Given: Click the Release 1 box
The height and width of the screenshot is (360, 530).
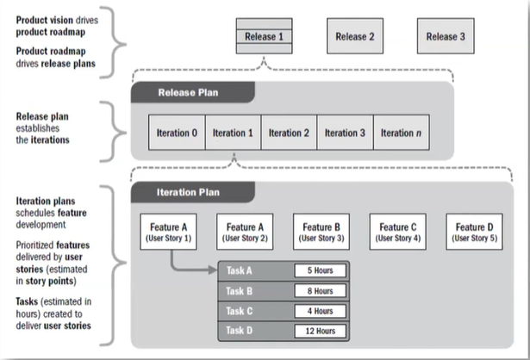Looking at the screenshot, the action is pos(264,36).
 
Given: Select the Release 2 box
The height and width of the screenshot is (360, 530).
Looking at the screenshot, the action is pos(355,36).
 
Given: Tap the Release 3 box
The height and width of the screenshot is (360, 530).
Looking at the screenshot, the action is pos(446,36).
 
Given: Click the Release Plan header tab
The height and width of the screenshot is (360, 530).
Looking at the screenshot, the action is pos(193,92).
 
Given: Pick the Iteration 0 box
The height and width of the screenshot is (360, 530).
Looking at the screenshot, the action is pos(177,133).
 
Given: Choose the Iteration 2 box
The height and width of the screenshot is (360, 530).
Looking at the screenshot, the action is pos(289,133).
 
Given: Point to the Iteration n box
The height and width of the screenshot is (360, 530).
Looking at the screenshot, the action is pos(402,133).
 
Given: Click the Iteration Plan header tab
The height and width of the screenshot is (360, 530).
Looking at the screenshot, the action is pos(193,192).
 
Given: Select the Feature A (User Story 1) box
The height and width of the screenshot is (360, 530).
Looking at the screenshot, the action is pos(168,232).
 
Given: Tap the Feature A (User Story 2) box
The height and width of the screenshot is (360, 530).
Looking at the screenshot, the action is pos(245,232).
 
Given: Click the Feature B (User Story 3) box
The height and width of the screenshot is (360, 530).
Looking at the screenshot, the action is pos(321,232).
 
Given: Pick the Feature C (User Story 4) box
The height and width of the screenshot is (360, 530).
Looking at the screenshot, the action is pos(398,232).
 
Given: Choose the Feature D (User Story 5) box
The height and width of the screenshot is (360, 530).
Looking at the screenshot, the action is pos(474,232).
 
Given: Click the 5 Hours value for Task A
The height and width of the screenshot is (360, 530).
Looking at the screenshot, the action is pos(320,270).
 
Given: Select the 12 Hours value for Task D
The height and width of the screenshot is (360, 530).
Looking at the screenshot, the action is pos(320,331).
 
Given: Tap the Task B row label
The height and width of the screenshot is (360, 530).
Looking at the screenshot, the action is pos(239,291).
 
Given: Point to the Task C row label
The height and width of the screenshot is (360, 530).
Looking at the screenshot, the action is pos(239,311).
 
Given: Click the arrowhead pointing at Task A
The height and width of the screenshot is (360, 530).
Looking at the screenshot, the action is pos(213,270).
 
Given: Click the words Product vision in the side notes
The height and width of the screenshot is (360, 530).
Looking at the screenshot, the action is pos(45,21).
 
